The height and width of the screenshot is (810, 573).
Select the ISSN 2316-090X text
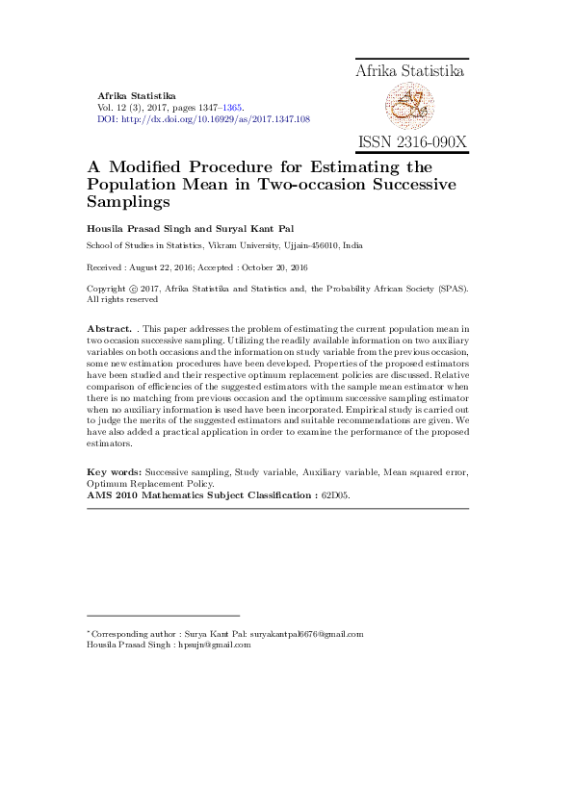pos(411,142)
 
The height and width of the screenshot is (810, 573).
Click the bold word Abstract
pos(109,329)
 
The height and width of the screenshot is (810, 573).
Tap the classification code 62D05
pos(336,494)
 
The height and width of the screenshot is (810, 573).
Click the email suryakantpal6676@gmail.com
pos(306,634)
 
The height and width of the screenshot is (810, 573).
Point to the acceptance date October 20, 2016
pos(279,266)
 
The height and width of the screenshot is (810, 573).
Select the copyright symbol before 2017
pos(131,288)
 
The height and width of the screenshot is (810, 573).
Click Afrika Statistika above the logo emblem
pos(410,71)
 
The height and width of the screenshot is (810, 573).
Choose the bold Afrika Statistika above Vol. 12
pos(137,96)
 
